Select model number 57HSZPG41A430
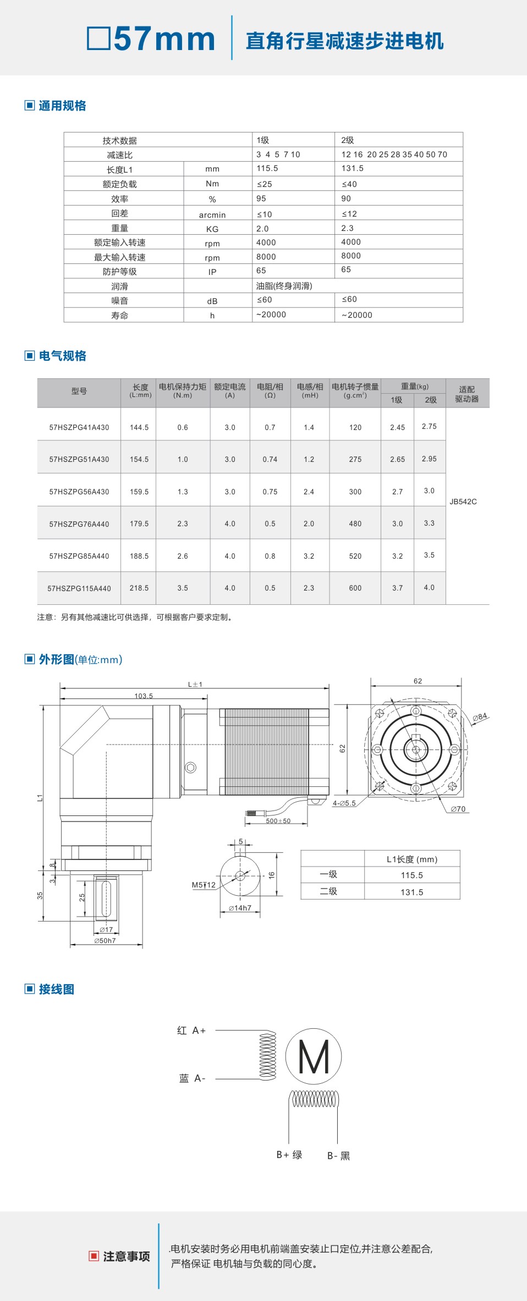point(79,427)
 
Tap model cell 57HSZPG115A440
point(79,588)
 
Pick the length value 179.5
point(139,524)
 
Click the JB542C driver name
point(463,501)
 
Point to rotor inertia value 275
point(355,459)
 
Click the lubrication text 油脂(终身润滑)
point(284,286)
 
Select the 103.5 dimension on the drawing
point(144,696)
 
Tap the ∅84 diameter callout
point(480,717)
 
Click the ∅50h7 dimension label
point(105,941)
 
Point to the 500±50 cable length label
point(278,821)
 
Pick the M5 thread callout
point(203,885)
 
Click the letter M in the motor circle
point(314,1057)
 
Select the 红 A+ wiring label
point(191,1030)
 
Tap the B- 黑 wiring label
point(338,1156)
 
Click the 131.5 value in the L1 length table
point(411,892)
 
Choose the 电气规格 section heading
point(62,356)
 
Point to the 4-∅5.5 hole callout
point(344,803)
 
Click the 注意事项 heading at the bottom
point(126,1256)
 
